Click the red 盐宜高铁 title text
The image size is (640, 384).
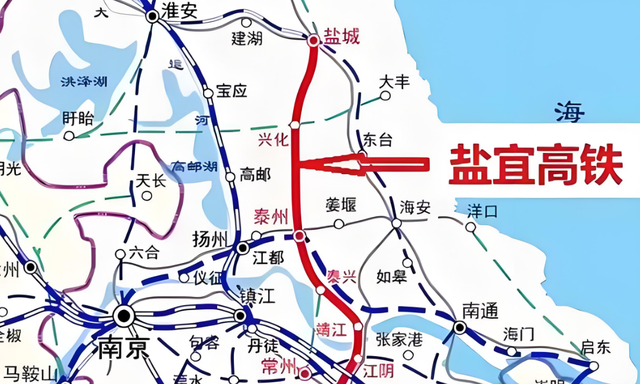click(535, 162)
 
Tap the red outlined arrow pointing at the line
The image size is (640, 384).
click(375, 163)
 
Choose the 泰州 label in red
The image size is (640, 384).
click(271, 215)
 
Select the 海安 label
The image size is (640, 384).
click(415, 207)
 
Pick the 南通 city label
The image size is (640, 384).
click(480, 312)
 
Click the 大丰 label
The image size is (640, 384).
click(396, 82)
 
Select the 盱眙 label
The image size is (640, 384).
click(77, 118)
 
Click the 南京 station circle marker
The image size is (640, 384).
click(124, 315)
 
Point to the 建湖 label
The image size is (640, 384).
click(246, 39)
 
